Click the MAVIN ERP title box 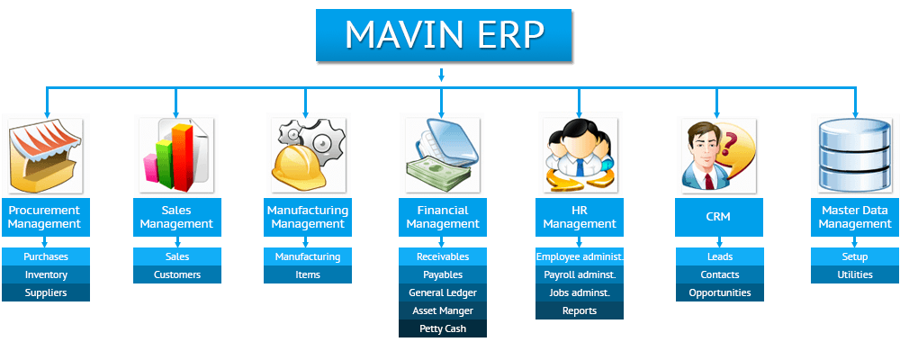(444, 35)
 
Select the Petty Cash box (443, 328)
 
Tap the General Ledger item (443, 292)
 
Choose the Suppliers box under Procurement (46, 292)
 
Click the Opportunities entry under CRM (720, 292)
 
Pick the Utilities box (855, 274)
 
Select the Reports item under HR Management (579, 310)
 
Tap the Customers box (177, 274)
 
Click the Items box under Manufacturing (308, 274)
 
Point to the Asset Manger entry (443, 310)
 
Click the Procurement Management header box (46, 217)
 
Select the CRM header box (719, 217)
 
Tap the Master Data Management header (855, 217)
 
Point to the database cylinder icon (855, 155)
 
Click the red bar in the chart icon (183, 158)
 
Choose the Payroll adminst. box (579, 274)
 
